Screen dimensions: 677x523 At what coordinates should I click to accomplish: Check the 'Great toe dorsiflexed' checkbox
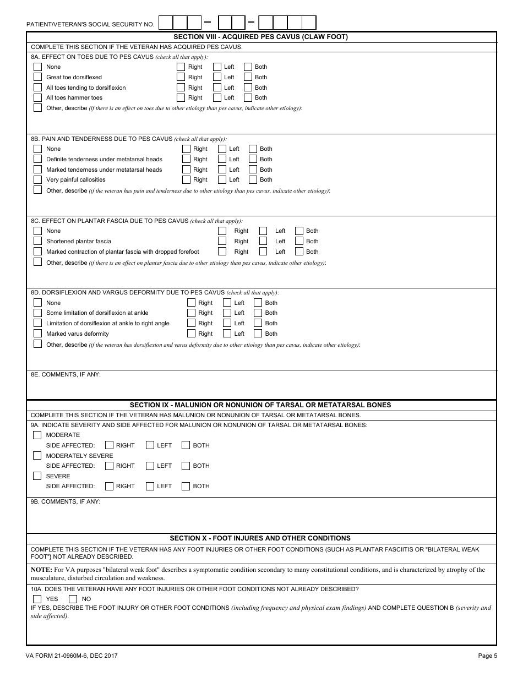[37, 77]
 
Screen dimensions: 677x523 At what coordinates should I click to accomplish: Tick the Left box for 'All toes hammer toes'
[217, 97]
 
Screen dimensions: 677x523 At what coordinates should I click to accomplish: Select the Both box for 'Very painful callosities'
[253, 179]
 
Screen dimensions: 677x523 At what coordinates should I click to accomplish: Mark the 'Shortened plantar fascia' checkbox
[37, 241]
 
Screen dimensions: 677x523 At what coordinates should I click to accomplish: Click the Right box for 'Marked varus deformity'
[191, 334]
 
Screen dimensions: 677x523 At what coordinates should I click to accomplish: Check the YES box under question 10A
[37, 599]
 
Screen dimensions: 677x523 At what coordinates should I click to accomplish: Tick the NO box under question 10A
[73, 599]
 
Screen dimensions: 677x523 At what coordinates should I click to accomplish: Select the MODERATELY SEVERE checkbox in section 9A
[37, 456]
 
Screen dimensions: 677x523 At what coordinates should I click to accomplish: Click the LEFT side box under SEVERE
[150, 486]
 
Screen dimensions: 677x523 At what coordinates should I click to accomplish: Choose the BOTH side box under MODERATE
[186, 445]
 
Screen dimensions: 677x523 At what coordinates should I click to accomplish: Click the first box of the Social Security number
[166, 23]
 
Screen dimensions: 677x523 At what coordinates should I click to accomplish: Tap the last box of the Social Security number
[309, 23]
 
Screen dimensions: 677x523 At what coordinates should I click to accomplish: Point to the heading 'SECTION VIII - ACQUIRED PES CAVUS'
[261, 37]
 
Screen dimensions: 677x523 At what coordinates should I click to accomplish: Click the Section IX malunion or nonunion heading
[260, 405]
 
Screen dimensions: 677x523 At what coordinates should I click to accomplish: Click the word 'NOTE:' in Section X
[41, 570]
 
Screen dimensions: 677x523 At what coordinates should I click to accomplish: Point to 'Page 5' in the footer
[487, 656]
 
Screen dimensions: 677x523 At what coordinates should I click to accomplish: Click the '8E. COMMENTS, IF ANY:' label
[66, 374]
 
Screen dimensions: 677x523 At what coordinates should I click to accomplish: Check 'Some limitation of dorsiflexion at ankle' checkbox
[37, 313]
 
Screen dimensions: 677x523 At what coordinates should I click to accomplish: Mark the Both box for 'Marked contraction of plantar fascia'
[299, 252]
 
